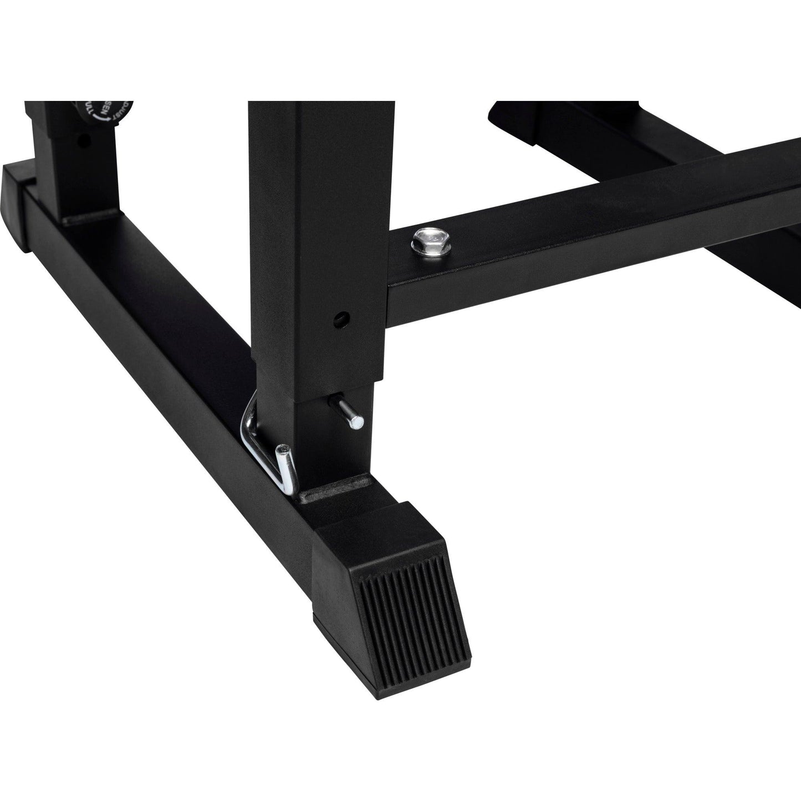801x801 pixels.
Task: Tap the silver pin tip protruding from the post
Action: (358, 422)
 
